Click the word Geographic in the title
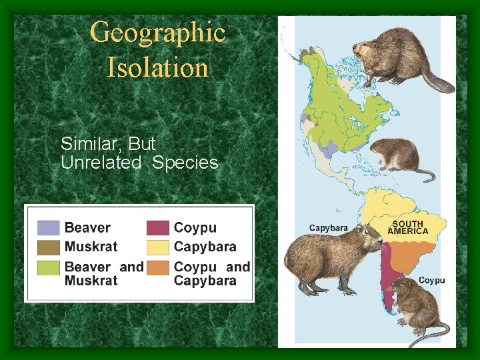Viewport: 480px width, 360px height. pos(157,32)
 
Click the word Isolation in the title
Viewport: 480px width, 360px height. pos(157,67)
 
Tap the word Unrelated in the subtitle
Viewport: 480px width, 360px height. pos(101,163)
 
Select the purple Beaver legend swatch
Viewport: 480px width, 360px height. pos(48,228)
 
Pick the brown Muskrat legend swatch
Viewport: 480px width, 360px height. pos(48,247)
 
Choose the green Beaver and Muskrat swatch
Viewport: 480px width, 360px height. pos(48,268)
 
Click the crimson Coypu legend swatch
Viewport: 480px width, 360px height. pos(158,228)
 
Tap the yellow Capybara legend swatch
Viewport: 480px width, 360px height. pos(158,247)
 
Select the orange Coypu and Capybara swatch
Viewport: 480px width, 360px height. pos(158,268)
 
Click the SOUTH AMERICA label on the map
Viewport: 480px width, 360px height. pos(407,227)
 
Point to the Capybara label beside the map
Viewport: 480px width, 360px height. pos(328,228)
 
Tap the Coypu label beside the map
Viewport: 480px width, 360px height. pos(431,281)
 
